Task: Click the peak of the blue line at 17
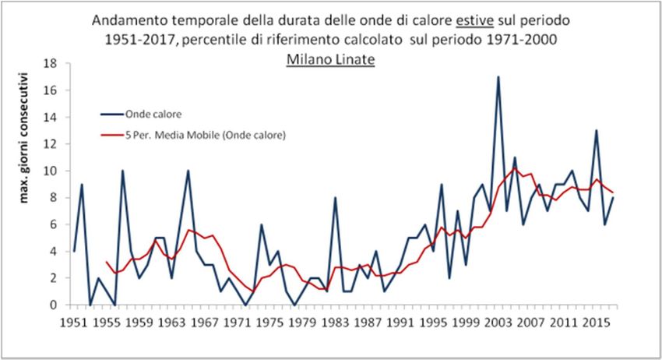coord(498,77)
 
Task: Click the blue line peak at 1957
coord(123,171)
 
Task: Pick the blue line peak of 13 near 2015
coord(596,131)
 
